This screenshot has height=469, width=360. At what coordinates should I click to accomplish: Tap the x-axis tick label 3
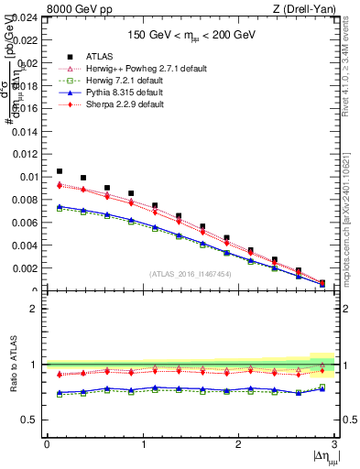[334, 445]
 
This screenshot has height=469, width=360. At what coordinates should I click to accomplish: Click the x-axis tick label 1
[142, 445]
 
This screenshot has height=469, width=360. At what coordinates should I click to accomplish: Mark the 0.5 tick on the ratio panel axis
[32, 420]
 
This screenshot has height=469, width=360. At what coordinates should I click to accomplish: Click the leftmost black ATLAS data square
[60, 171]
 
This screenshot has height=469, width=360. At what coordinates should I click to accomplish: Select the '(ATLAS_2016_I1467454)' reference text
[190, 273]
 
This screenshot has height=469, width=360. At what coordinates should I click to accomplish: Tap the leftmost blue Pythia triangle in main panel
[60, 206]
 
